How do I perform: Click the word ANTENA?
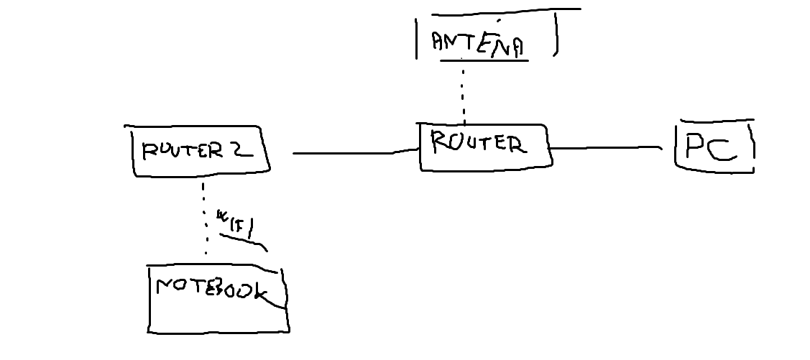tap(477, 43)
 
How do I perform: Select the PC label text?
tap(710, 147)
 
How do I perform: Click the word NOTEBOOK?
tap(212, 290)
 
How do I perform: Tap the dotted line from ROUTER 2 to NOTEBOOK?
tap(204, 219)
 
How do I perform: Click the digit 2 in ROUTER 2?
tap(241, 149)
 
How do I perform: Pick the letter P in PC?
tap(695, 147)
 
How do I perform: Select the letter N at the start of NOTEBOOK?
tap(165, 287)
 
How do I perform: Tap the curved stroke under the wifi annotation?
tap(244, 241)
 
